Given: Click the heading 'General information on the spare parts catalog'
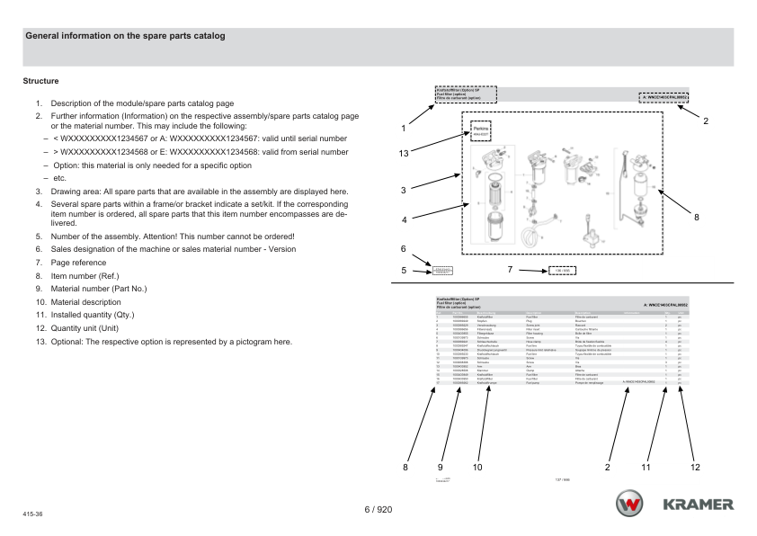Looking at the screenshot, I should click(x=125, y=36).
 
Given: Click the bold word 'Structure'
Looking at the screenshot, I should click(x=40, y=81).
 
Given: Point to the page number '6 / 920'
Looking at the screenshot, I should click(x=378, y=510).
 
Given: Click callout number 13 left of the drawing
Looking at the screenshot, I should click(x=405, y=154).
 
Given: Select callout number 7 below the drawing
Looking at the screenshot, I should click(x=510, y=269).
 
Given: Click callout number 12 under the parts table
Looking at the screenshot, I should click(x=695, y=467).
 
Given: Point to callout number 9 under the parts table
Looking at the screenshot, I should click(x=441, y=467).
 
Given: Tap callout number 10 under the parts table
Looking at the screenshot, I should click(x=477, y=467).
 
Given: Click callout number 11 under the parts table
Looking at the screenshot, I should click(x=646, y=467).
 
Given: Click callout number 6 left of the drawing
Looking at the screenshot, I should click(x=404, y=248).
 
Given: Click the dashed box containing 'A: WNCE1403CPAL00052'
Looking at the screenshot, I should click(x=663, y=96).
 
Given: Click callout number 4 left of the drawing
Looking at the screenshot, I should click(x=405, y=219).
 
